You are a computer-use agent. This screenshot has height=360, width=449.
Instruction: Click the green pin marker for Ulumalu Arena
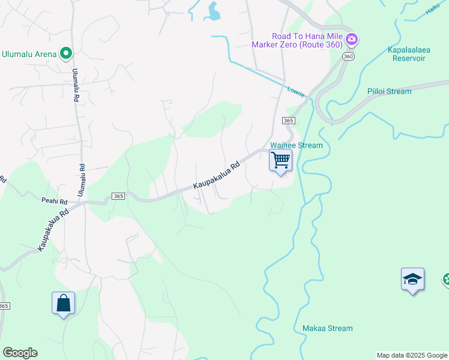[x=66, y=54]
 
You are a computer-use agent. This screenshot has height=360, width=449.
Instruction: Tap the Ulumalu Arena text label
[x=29, y=54]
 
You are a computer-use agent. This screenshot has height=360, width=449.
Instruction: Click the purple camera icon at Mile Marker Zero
[x=352, y=40]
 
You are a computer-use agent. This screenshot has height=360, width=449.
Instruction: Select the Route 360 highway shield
[x=348, y=56]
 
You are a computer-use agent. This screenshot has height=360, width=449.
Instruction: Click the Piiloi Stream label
[x=390, y=91]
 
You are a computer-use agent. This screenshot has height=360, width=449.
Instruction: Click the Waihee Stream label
[x=297, y=145]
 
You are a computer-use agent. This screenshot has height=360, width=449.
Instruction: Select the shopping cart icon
[x=280, y=161]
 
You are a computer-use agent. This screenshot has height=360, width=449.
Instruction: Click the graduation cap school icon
[x=412, y=279]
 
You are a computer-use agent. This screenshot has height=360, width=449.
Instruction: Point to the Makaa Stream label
[x=328, y=328]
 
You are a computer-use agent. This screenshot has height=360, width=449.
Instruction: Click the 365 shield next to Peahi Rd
[x=118, y=197]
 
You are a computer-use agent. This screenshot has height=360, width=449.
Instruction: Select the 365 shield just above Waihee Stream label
[x=288, y=121]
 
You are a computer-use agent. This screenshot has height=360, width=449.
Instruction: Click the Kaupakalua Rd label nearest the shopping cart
[x=216, y=175]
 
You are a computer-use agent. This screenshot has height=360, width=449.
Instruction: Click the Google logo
[x=20, y=353]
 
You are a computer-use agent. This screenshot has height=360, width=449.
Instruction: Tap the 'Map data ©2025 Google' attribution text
[x=412, y=355]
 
